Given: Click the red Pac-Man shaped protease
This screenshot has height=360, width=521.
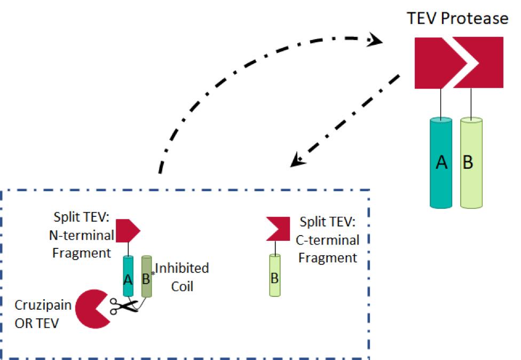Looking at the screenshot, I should pos(92,309).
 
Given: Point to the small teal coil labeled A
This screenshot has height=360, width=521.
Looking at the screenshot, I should pos(128,276).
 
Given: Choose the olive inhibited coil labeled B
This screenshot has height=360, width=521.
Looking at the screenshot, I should pos(146,276).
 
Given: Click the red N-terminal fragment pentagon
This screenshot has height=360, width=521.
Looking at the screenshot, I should pos(127,230).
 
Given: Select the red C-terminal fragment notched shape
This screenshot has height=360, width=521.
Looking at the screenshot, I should pos(278,228).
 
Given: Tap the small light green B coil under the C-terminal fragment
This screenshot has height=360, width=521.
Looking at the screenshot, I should pos(274,276).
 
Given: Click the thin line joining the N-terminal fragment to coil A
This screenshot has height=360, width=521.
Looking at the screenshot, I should pos(128,248).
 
